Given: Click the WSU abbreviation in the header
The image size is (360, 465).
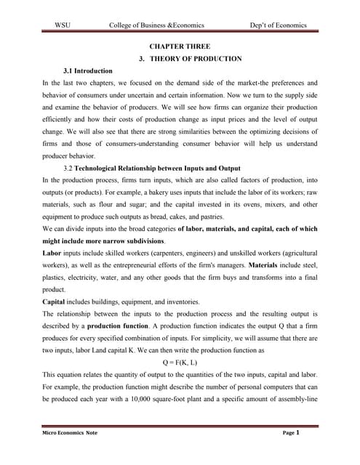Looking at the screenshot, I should [x=62, y=25].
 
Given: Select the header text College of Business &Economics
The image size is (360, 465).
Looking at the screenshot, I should [x=156, y=25].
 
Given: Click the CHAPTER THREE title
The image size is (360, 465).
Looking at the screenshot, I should [x=180, y=46].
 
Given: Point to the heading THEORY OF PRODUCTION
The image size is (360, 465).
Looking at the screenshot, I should [x=190, y=58].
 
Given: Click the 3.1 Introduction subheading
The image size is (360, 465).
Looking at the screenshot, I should [x=88, y=71].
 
